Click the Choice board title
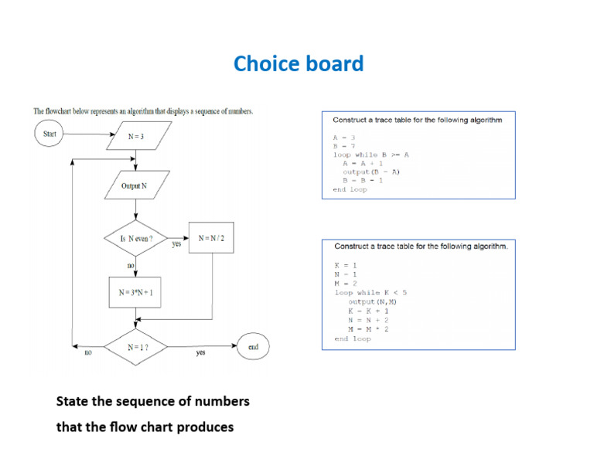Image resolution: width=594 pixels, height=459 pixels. tap(299, 64)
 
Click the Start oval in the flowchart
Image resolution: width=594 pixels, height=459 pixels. tap(49, 134)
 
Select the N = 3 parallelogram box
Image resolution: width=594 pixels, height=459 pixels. tap(136, 137)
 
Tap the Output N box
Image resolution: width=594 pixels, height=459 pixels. tap(135, 186)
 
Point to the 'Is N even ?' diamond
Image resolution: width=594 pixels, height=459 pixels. tap(136, 239)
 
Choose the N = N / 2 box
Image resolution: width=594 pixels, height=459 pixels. tap(211, 238)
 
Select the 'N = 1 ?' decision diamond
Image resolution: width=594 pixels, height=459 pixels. tap(138, 348)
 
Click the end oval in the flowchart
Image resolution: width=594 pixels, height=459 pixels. tap(253, 348)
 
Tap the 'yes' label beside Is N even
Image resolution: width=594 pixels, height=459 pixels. tap(176, 244)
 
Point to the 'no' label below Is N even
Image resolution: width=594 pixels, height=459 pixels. tap(131, 266)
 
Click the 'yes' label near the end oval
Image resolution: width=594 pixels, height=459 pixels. tap(200, 352)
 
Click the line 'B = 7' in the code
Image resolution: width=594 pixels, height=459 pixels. tap(343, 146)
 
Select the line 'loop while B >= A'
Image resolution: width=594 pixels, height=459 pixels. tap(370, 155)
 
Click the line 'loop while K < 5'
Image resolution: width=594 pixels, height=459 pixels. tap(370, 293)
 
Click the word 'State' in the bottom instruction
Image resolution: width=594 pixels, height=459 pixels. tap(73, 402)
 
